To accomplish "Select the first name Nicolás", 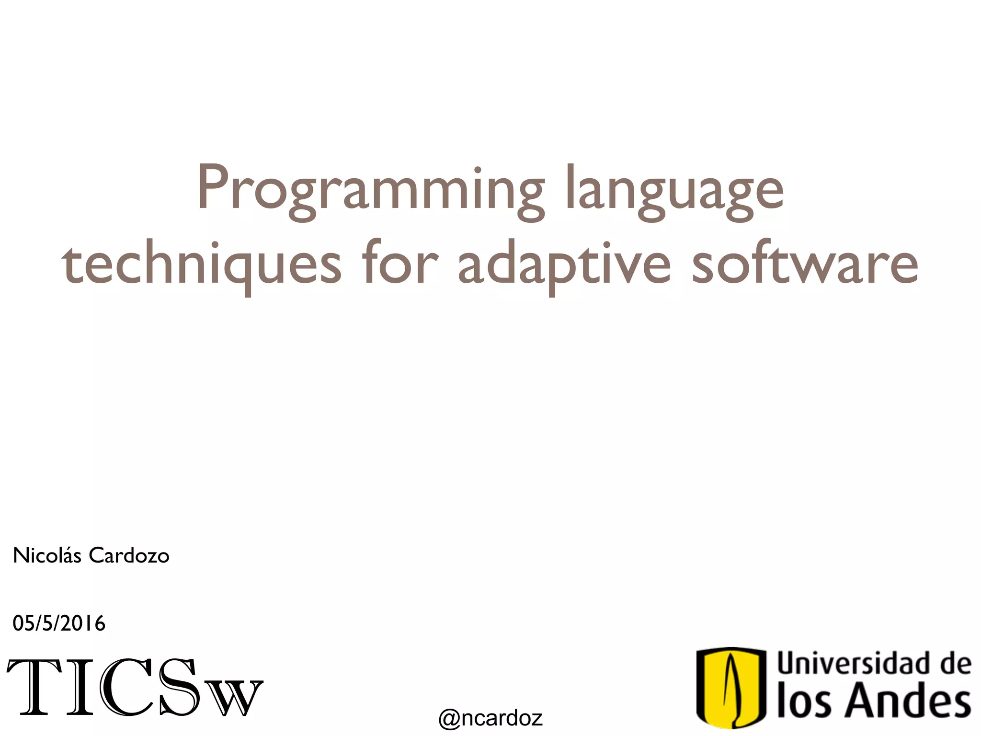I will (47, 556).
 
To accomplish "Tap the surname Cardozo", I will (129, 556).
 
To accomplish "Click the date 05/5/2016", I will (59, 623).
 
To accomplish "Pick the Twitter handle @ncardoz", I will (490, 718).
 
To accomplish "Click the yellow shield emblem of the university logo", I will (731, 687).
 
